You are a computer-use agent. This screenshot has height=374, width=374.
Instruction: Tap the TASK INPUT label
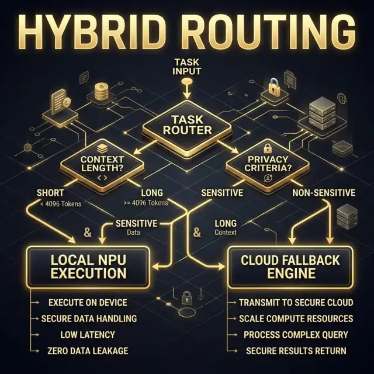coord(187,67)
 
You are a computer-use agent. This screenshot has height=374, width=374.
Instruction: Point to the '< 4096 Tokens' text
coord(61,204)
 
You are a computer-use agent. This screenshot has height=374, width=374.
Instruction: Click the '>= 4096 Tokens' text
coord(146,203)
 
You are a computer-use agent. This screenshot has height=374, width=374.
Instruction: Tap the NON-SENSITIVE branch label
coord(324,193)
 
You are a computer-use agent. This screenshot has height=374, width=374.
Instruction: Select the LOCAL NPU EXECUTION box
coord(88,267)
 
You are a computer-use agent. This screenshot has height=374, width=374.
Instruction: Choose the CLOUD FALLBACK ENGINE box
coord(290,267)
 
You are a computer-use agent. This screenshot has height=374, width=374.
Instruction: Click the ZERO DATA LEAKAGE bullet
coord(88,351)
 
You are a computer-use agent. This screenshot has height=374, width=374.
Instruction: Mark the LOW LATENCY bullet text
coord(88,335)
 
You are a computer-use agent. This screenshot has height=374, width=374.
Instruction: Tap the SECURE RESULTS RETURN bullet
coord(296,351)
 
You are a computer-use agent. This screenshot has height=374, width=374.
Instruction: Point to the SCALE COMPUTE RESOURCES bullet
coord(296,318)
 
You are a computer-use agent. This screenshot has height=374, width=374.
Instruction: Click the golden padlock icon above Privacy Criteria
coord(273,87)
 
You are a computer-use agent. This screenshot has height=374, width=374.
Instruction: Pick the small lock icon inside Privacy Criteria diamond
coord(267,149)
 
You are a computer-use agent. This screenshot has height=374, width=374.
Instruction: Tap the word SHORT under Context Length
coord(50,193)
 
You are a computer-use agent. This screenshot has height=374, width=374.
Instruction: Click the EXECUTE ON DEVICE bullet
coord(88,303)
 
